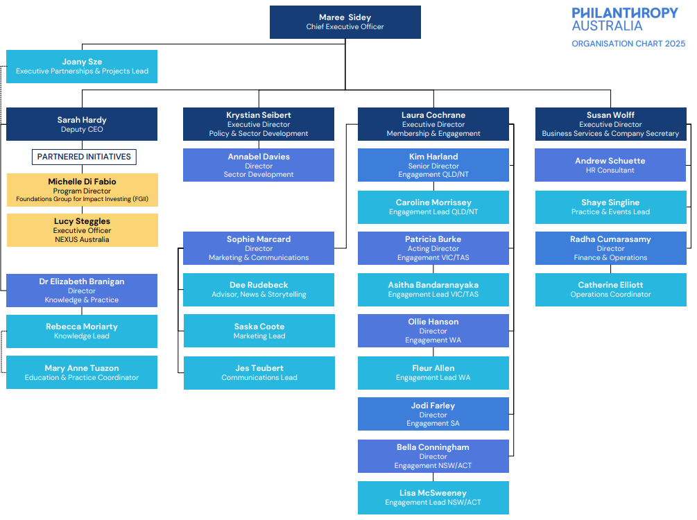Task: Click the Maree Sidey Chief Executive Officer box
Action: pos(345,22)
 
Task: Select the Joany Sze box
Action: pos(82,67)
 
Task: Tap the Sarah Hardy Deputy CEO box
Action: pos(82,124)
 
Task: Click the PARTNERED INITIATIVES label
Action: pos(84,157)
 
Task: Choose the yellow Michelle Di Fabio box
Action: pos(82,190)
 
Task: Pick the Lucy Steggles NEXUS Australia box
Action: pos(82,230)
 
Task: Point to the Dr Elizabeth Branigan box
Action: pos(82,291)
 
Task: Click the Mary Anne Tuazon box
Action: pos(82,372)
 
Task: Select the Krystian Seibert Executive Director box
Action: pos(259,124)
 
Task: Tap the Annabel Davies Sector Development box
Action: pos(259,165)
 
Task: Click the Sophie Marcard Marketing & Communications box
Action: pos(259,248)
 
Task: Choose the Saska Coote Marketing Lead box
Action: pos(259,331)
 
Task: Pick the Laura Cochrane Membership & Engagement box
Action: pos(433,124)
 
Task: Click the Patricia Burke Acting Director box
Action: pos(433,248)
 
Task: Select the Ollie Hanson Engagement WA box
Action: pos(433,331)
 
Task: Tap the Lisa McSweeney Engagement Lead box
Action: pos(433,497)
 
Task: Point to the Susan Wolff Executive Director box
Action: pos(610,124)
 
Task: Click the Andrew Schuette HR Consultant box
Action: pos(610,165)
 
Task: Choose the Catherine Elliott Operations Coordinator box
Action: pos(610,289)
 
